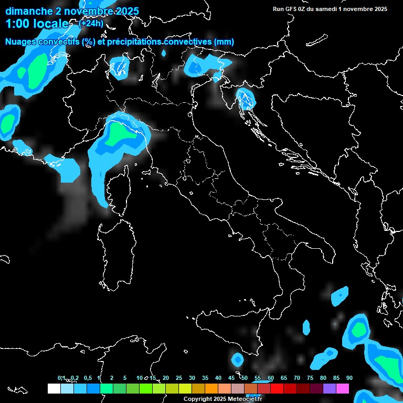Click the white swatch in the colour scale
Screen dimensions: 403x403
click(54, 388)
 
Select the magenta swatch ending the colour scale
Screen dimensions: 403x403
click(343, 388)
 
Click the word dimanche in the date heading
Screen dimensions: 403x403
click(29, 11)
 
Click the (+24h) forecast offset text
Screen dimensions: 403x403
click(91, 23)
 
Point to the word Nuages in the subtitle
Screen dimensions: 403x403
click(22, 41)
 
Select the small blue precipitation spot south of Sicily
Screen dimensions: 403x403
click(238, 360)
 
